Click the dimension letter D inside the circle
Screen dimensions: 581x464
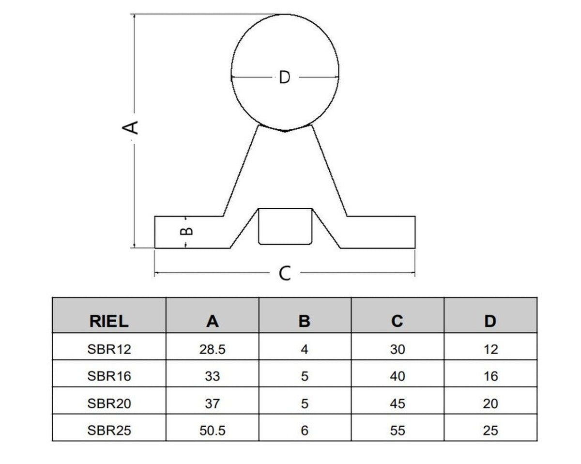(x=285, y=77)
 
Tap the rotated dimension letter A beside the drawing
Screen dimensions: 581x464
(x=130, y=127)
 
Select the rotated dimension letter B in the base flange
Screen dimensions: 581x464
(x=186, y=231)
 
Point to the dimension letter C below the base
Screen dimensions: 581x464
(x=285, y=273)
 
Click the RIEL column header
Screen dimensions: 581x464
(x=109, y=322)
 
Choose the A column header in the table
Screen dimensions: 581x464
(x=212, y=322)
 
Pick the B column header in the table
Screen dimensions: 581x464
(x=305, y=322)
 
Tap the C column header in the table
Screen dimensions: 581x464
(x=397, y=322)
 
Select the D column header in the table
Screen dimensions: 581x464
(x=490, y=322)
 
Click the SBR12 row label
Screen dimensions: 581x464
(x=109, y=350)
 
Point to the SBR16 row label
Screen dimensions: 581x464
(x=109, y=376)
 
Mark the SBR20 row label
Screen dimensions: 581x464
(x=109, y=404)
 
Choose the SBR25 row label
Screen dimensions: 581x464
(x=109, y=431)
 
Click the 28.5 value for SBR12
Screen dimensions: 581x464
(x=212, y=350)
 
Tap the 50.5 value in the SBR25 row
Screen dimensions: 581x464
(x=212, y=431)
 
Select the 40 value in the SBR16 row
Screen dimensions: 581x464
(x=398, y=376)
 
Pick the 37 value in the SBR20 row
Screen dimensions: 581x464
(x=212, y=404)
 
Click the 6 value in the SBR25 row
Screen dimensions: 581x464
(x=305, y=431)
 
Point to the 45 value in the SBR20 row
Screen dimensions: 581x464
(x=398, y=404)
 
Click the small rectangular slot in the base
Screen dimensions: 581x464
(x=285, y=226)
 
